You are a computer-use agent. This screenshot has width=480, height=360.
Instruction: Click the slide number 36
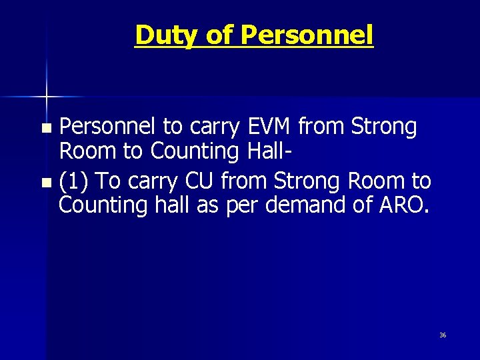click(443, 335)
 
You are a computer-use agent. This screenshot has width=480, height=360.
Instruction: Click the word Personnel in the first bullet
click(109, 127)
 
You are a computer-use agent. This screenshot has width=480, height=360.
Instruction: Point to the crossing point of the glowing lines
click(46, 97)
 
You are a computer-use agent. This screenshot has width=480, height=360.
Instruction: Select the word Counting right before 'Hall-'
click(188, 151)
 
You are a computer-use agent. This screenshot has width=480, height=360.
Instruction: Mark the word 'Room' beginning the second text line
click(87, 151)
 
